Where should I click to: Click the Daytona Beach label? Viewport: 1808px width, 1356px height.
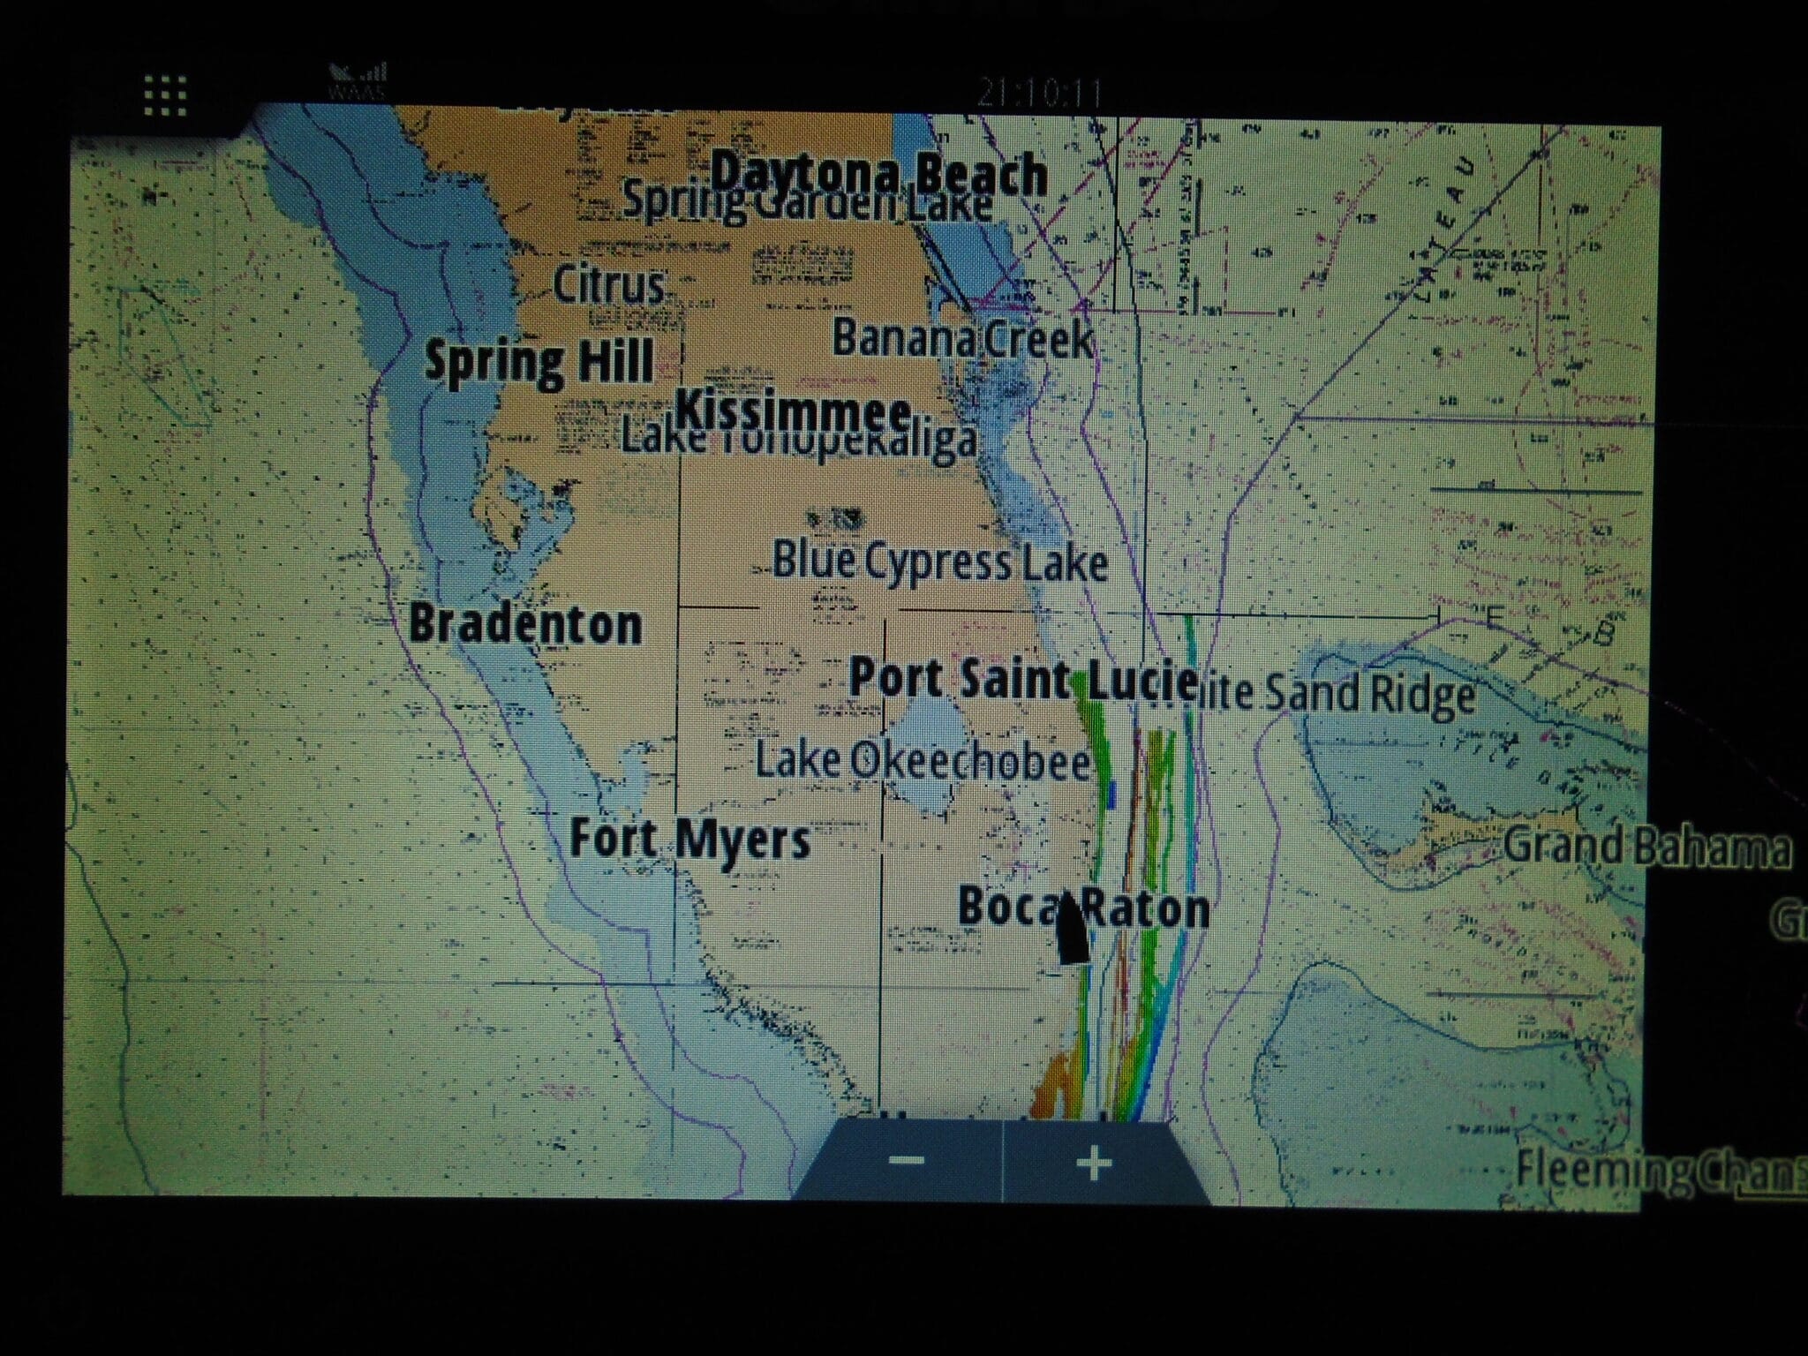point(879,175)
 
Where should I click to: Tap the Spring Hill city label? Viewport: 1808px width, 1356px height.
point(539,362)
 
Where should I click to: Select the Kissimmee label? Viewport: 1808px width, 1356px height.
point(793,412)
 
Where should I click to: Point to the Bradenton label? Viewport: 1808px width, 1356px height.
point(526,624)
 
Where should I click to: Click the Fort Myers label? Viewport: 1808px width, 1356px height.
point(689,839)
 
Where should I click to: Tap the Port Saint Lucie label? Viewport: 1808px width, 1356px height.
point(1022,680)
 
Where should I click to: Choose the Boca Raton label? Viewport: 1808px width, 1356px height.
point(1083,908)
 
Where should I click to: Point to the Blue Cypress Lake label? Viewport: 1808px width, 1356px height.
point(940,562)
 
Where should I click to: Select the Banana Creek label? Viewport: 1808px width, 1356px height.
point(962,339)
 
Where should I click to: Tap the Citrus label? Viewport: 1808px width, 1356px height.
point(608,285)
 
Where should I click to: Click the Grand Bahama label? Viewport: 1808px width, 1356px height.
point(1647,847)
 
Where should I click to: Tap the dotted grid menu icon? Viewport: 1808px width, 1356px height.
point(165,96)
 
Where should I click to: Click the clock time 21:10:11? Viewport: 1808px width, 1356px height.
point(1039,93)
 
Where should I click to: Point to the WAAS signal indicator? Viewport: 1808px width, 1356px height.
point(358,81)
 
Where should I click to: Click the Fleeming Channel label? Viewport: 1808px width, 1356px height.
point(1660,1169)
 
